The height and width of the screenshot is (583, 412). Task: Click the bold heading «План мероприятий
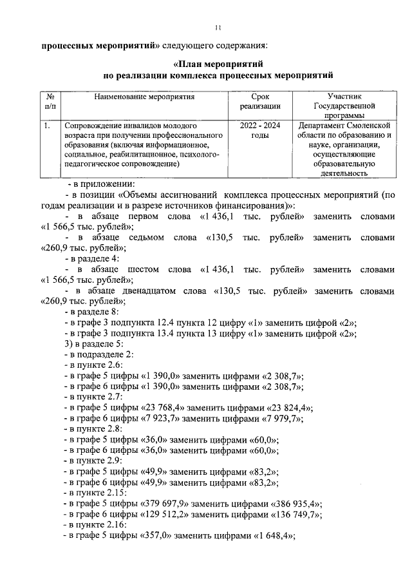coord(220,64)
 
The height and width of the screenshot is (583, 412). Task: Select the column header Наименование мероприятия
coord(144,96)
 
